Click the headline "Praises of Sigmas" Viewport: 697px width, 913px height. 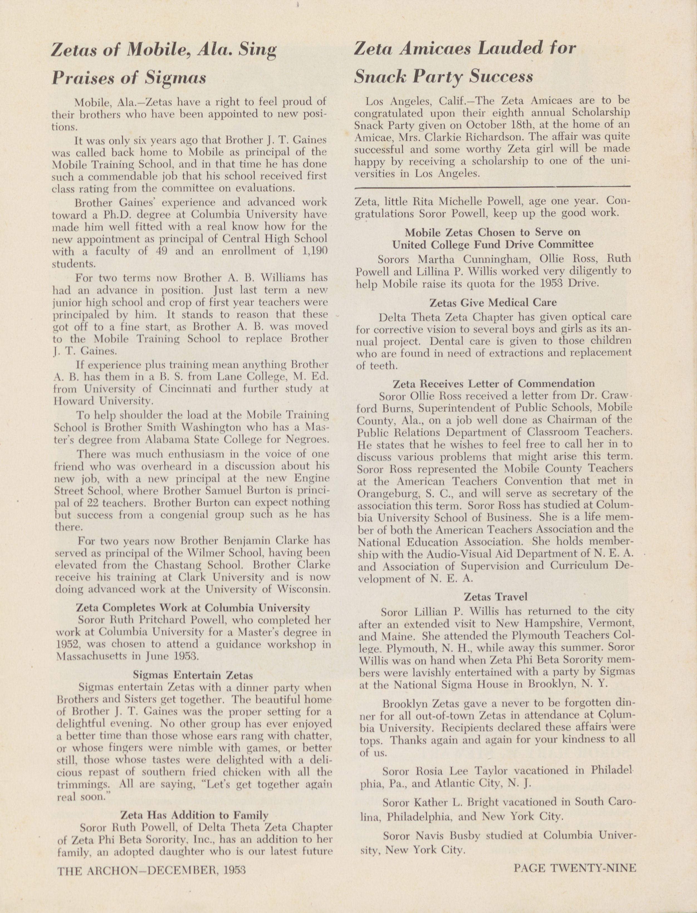tap(129, 78)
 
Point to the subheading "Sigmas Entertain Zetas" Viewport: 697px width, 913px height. tap(193, 674)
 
